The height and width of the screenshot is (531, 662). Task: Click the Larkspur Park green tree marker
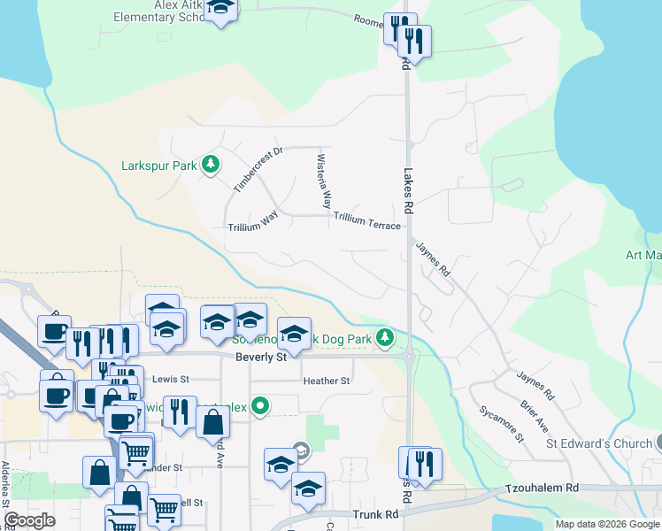pyautogui.click(x=211, y=164)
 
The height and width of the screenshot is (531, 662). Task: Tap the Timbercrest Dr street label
pyautogui.click(x=257, y=170)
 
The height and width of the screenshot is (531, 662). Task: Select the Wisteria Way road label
pyautogui.click(x=325, y=180)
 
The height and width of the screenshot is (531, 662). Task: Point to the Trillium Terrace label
pyautogui.click(x=367, y=220)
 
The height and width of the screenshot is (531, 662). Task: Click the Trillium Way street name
pyautogui.click(x=253, y=220)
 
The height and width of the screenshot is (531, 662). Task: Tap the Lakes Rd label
pyautogui.click(x=408, y=191)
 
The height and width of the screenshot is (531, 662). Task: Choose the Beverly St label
pyautogui.click(x=261, y=358)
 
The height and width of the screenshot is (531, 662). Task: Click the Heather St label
pyautogui.click(x=327, y=381)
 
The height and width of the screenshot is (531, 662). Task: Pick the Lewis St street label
pyautogui.click(x=171, y=379)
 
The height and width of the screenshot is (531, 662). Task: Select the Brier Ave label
pyautogui.click(x=534, y=412)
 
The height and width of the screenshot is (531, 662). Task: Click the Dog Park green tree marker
pyautogui.click(x=384, y=336)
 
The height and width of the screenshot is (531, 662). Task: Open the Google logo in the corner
pyautogui.click(x=29, y=519)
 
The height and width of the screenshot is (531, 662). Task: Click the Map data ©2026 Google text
pyautogui.click(x=606, y=524)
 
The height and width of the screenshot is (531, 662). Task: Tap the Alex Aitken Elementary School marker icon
pyautogui.click(x=219, y=9)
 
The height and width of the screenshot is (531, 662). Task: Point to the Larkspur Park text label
pyautogui.click(x=158, y=165)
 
